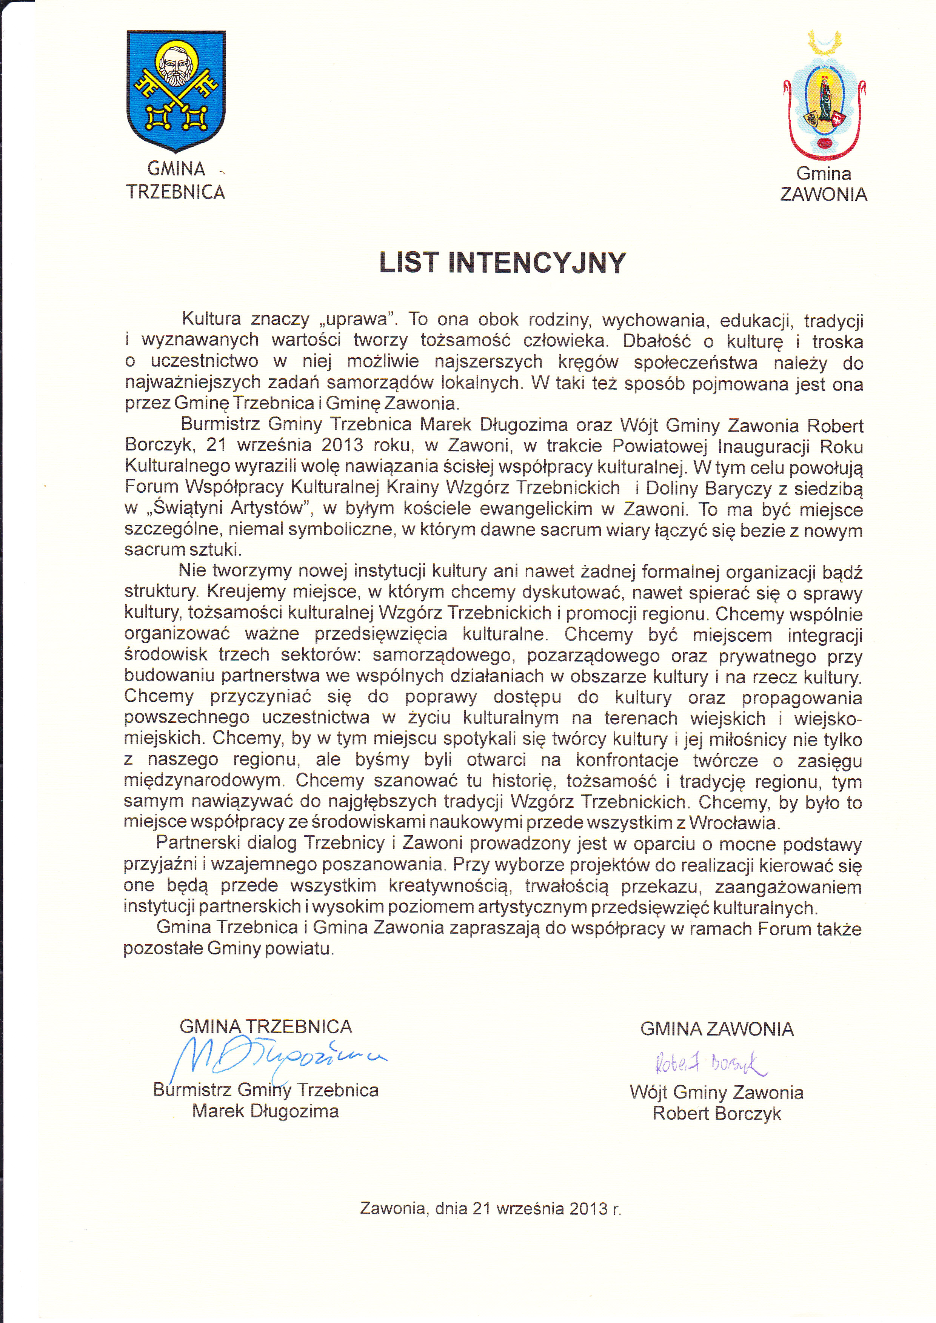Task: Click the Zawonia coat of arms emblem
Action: [825, 98]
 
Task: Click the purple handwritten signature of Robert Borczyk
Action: [710, 1063]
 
